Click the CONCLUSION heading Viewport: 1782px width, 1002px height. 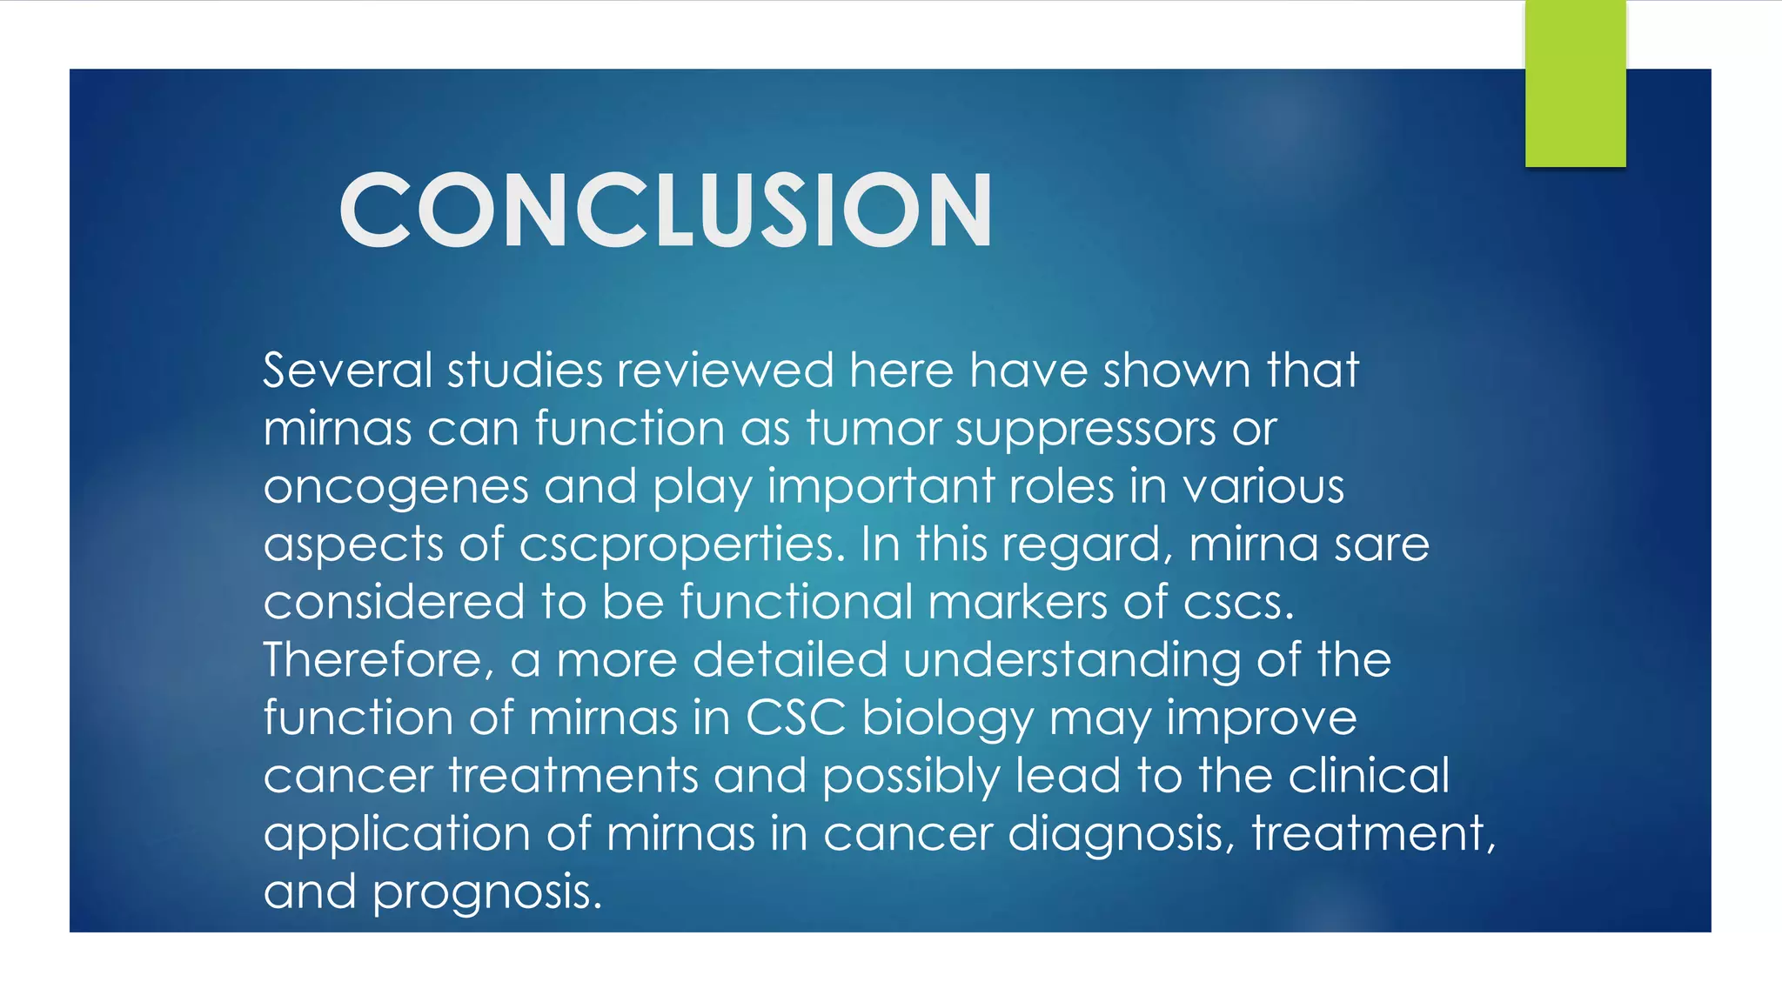(x=666, y=210)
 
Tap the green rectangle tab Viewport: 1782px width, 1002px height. (x=1575, y=83)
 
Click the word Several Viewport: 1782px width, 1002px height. (x=347, y=371)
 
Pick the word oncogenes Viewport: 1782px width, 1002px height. (x=396, y=487)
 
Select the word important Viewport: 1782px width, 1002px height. (x=881, y=487)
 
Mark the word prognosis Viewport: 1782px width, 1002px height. (x=487, y=893)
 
